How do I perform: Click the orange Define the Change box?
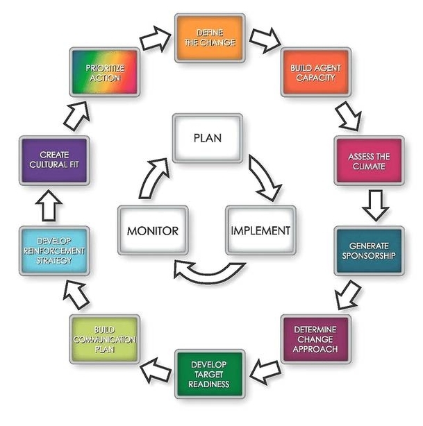pos(209,37)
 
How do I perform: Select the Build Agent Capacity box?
pos(315,72)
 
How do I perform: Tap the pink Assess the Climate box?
pos(368,160)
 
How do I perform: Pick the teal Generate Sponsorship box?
pos(368,250)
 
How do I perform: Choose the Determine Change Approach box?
pos(316,339)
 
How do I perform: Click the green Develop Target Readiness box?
pos(209,374)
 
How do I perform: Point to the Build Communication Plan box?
pos(105,339)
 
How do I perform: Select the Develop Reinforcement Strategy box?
pos(53,250)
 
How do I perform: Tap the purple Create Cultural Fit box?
pos(54,160)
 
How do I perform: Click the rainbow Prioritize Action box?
pos(105,72)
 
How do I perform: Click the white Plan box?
pos(208,137)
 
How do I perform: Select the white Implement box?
pos(260,230)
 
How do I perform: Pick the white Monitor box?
pos(153,230)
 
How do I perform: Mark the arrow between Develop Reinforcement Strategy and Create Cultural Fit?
pos(52,206)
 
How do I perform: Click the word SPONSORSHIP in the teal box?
pos(368,256)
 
